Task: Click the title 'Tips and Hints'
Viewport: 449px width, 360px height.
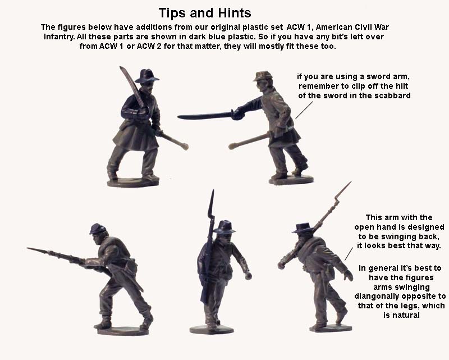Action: [x=204, y=12]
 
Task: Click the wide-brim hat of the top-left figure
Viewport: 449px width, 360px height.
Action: [x=146, y=75]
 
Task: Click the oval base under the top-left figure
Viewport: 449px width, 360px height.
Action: [x=134, y=183]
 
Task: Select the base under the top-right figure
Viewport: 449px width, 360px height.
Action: [x=291, y=180]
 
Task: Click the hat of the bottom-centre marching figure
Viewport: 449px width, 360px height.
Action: [x=224, y=227]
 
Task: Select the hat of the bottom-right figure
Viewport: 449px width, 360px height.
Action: [x=304, y=227]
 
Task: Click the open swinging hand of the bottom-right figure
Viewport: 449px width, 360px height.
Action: [x=349, y=275]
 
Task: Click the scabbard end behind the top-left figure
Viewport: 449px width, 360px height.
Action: [x=182, y=145]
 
